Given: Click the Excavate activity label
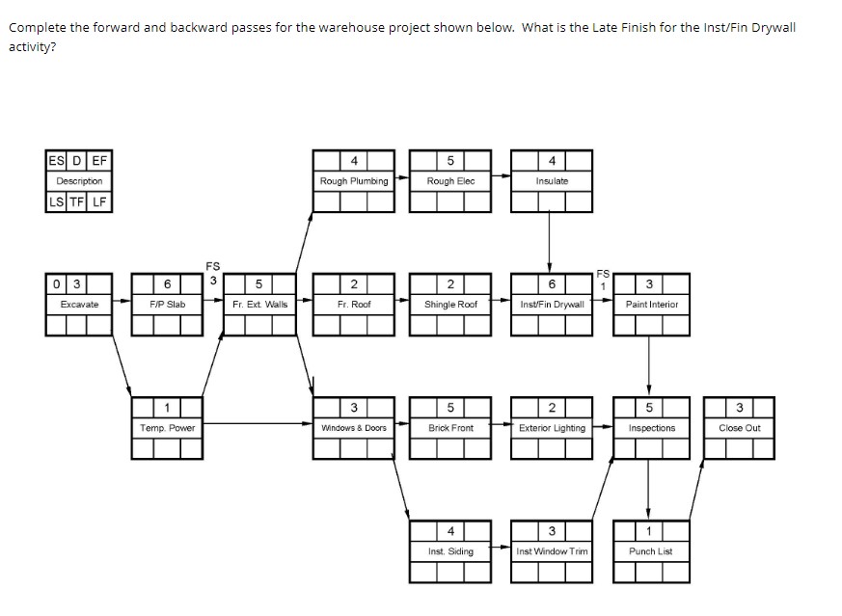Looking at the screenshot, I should pos(79,305).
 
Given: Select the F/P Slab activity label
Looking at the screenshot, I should pos(168,305).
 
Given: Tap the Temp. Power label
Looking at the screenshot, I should pos(168,428).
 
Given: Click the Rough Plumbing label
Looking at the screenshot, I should pos(354,181).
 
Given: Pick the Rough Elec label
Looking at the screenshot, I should pos(450,181).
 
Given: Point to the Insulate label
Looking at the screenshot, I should pos(552,181).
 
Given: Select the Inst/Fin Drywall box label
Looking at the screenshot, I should pos(552,305).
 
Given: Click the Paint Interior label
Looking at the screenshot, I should pos(651,305).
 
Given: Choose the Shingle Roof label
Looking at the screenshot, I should pos(450,305).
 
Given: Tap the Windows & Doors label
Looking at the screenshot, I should pos(354,428).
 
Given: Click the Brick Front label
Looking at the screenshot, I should pos(450,428).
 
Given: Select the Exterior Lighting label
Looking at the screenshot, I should pos(552,428).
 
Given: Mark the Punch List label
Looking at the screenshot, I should pos(651,551).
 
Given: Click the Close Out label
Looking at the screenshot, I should pos(740,428).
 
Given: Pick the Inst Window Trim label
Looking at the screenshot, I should pos(552,551).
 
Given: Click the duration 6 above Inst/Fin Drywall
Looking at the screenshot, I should pos(552,284).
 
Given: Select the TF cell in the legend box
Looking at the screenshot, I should pos(78,201).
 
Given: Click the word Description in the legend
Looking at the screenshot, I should pos(79,181).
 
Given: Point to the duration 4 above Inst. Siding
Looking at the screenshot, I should pos(450,531).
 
